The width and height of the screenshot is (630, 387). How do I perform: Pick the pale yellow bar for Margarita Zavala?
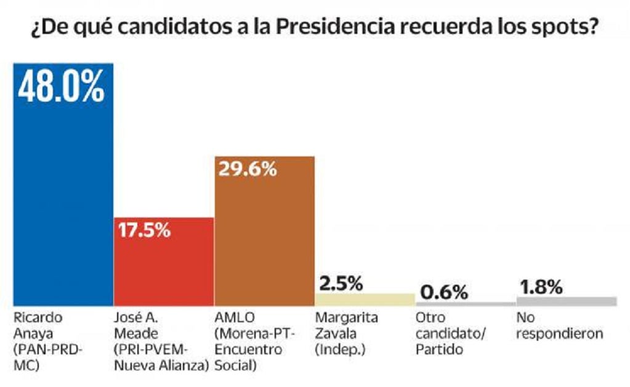365,299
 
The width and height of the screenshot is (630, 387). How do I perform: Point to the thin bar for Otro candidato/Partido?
466,304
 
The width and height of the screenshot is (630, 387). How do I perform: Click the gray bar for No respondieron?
566,301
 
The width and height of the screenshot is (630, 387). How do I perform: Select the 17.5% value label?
143,231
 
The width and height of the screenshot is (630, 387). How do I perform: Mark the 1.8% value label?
541,287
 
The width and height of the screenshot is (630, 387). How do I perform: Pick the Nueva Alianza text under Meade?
161,366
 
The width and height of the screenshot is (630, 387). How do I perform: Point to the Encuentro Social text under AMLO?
249,358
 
